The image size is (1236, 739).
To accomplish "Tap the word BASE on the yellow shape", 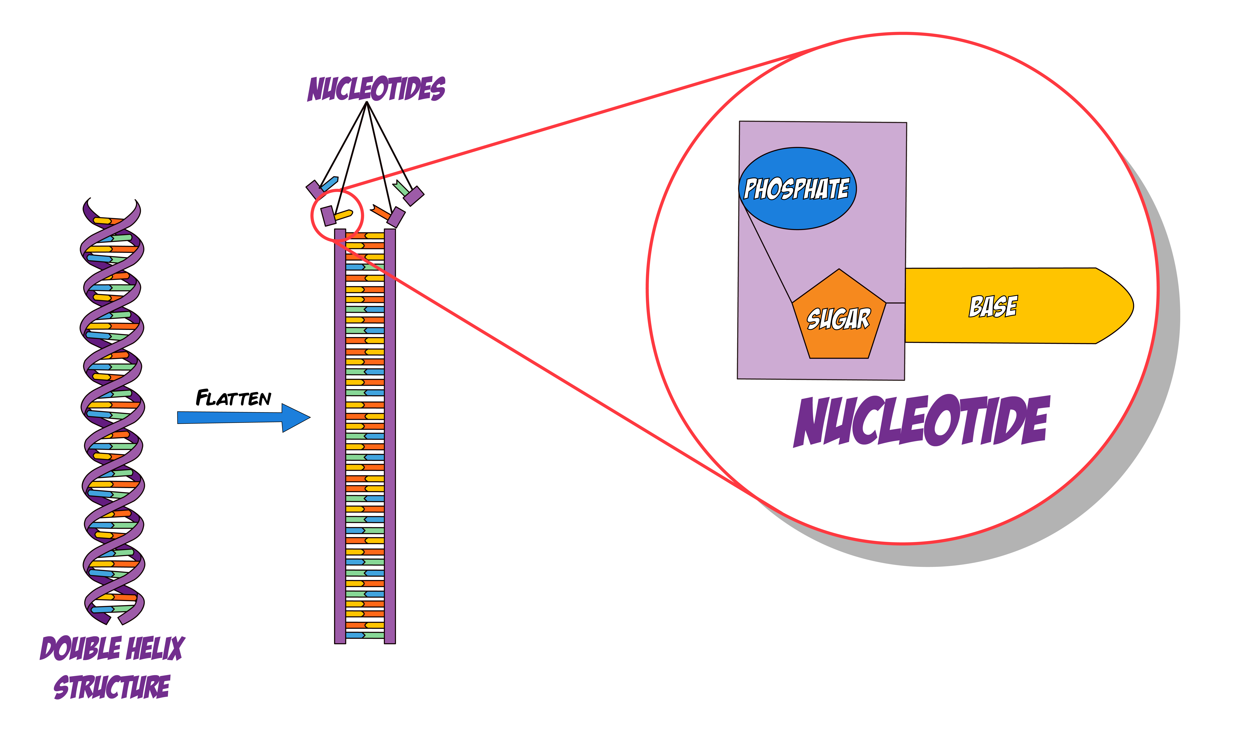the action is click(x=993, y=306).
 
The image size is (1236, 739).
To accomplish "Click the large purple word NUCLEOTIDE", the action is click(x=922, y=421).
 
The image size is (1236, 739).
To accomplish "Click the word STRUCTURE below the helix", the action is click(x=112, y=687).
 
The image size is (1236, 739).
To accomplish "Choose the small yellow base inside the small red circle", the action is click(x=344, y=215).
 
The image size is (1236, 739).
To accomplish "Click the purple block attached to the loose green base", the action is click(x=414, y=196).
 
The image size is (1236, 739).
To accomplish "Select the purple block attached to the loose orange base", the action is click(x=396, y=217).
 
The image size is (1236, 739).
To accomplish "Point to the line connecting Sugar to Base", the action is click(x=896, y=303).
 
